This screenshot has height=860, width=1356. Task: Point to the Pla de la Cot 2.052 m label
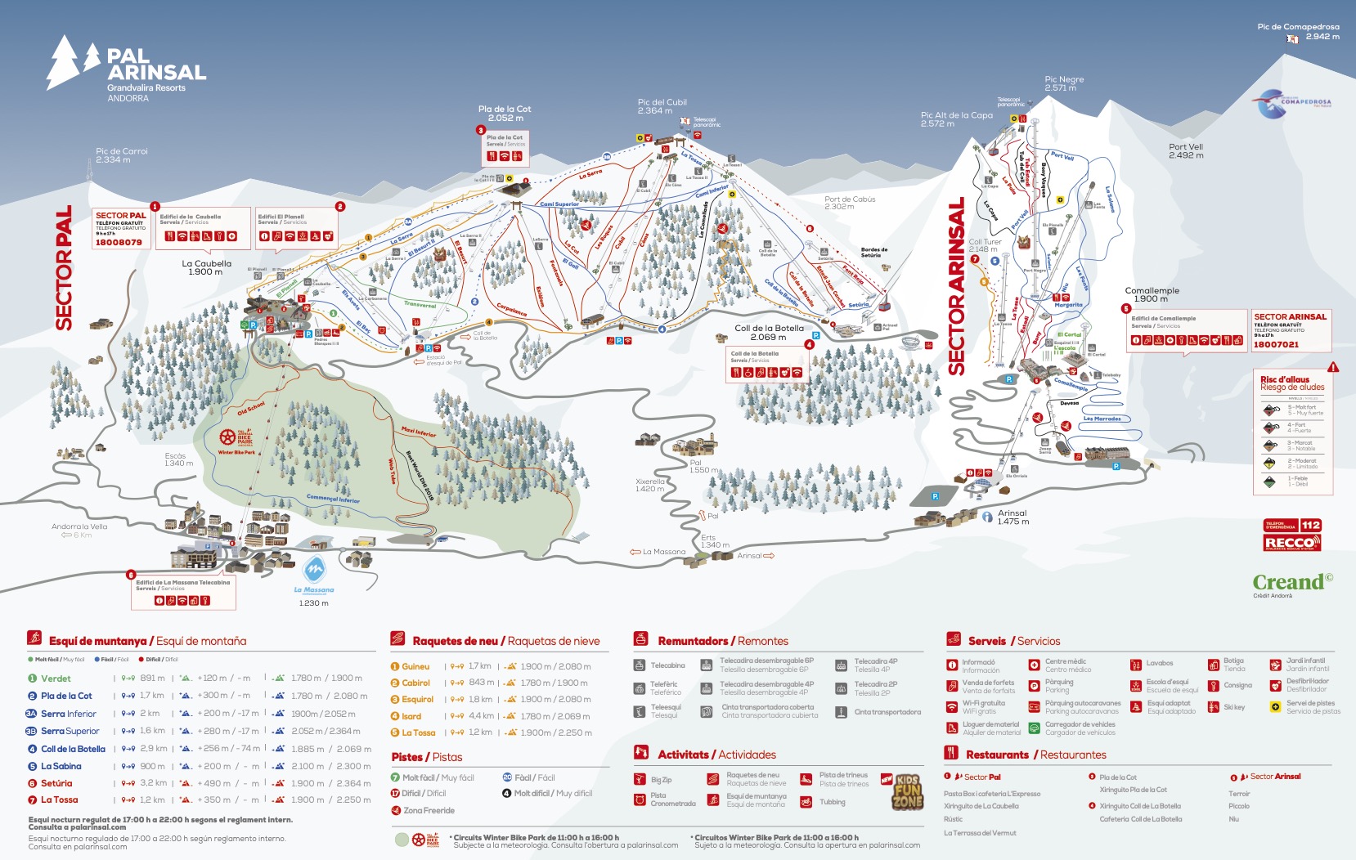504,113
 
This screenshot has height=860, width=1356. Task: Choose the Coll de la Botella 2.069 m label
768,332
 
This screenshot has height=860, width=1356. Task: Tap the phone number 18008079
119,242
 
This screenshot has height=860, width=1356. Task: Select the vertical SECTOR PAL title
64,267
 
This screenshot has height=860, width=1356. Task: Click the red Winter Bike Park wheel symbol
228,437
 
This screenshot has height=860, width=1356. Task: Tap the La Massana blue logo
314,571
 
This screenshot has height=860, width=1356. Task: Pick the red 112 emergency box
1310,525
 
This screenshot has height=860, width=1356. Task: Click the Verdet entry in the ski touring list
56,679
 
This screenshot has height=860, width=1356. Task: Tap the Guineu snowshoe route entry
415,666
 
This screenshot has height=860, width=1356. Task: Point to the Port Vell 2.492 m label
1185,151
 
